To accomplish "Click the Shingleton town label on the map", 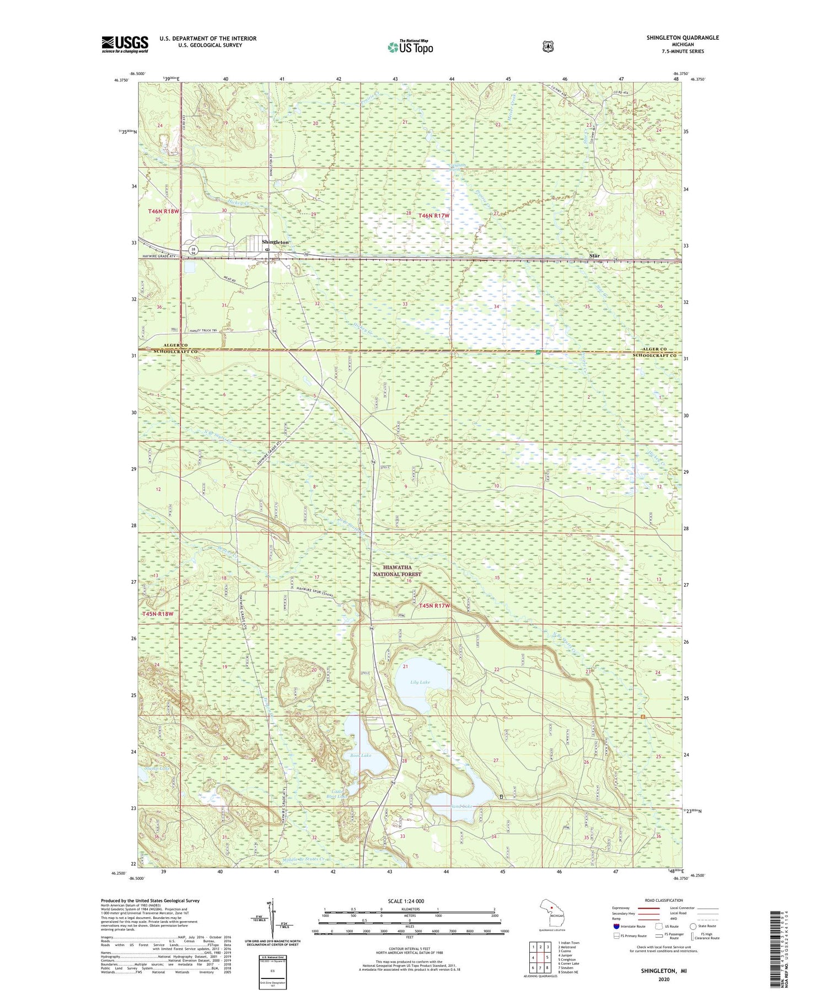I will (275, 242).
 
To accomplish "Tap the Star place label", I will (594, 256).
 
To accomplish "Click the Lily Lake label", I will (420, 682).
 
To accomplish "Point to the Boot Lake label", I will (361, 755).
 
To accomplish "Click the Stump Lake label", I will (155, 768).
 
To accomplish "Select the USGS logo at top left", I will (125, 44).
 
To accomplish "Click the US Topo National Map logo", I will (410, 46).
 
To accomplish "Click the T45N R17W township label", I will (434, 606).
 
